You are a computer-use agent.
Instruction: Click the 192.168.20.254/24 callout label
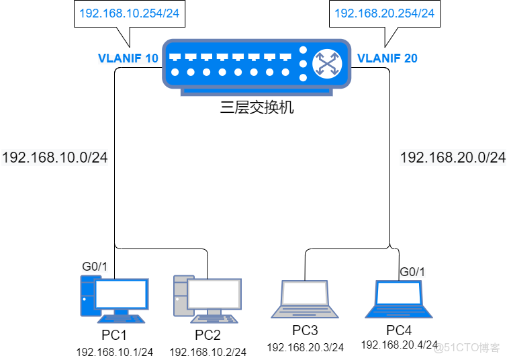coord(384,13)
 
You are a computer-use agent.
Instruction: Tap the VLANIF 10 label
coord(128,58)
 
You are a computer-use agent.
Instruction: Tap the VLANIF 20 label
coord(387,58)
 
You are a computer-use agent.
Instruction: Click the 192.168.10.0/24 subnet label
coord(55,158)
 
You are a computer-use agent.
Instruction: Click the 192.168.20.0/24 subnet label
coord(452,158)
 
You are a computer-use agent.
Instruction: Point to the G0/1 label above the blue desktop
coord(95,267)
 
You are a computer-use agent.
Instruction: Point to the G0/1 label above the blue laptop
coord(412,272)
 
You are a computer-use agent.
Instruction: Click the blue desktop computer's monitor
coord(122,294)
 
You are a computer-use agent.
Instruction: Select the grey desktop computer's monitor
coord(214,294)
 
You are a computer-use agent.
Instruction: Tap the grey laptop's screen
coord(304,294)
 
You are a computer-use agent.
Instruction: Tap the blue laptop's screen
coord(399,294)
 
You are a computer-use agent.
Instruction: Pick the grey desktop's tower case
coord(180,296)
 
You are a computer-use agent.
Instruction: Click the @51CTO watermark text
coord(466,347)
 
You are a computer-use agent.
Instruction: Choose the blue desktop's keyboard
coord(121,318)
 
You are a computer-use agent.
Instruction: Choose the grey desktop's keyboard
coord(214,318)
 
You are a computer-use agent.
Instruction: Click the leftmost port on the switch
coord(175,57)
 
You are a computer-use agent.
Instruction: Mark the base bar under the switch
coord(257,93)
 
